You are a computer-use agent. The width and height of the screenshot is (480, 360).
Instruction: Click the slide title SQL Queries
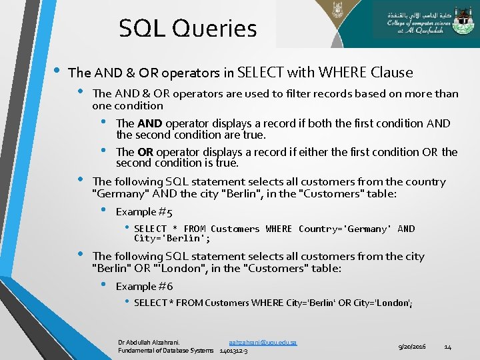click(187, 28)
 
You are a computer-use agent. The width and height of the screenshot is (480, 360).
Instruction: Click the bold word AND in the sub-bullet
click(150, 123)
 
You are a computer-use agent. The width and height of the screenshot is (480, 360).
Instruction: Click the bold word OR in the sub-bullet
click(146, 152)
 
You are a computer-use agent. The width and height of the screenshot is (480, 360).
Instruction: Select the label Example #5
click(144, 212)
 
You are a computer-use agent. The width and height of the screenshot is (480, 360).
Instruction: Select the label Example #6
click(144, 286)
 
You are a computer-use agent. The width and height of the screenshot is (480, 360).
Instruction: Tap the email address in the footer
click(262, 342)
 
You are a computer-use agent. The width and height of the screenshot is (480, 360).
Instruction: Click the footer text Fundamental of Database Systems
click(166, 350)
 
